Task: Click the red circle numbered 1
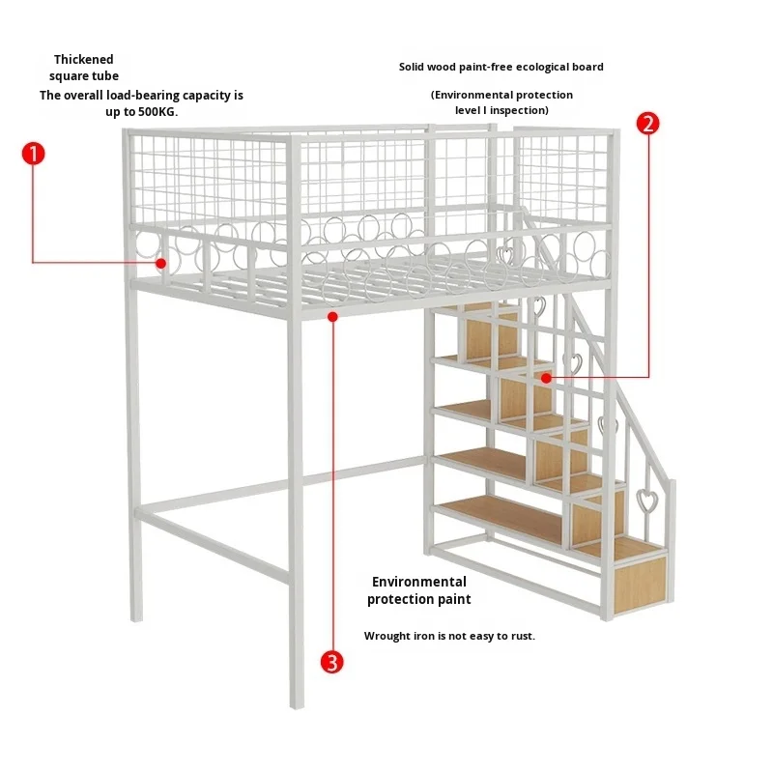pyautogui.click(x=34, y=154)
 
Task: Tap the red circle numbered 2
pyautogui.click(x=648, y=123)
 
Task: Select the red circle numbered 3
pyautogui.click(x=331, y=661)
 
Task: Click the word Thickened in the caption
pyautogui.click(x=84, y=60)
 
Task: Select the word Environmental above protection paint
pyautogui.click(x=418, y=582)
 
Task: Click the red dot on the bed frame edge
pyautogui.click(x=332, y=315)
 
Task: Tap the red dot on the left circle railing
pyautogui.click(x=161, y=262)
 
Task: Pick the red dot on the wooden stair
pyautogui.click(x=547, y=379)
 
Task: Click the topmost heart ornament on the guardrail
pyautogui.click(x=503, y=255)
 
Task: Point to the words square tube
pyautogui.click(x=84, y=76)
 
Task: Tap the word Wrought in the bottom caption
pyautogui.click(x=386, y=636)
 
